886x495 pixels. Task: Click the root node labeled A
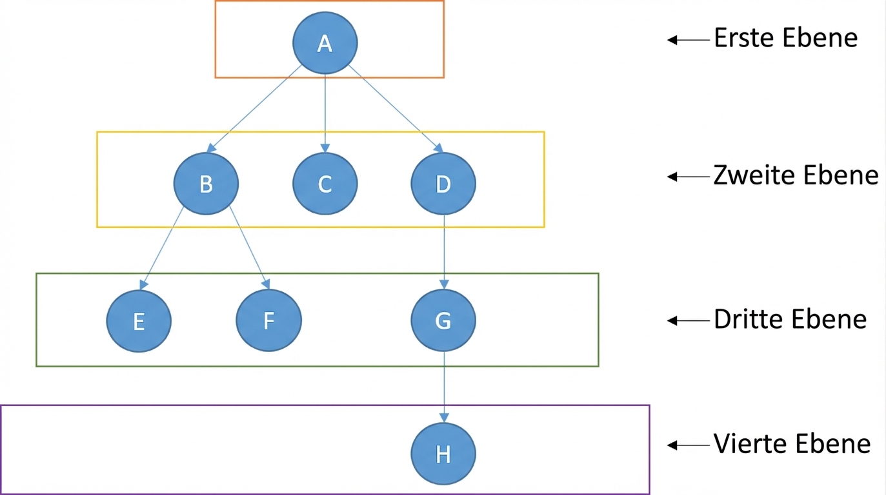point(325,43)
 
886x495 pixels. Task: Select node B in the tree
point(206,184)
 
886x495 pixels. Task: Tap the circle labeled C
point(325,184)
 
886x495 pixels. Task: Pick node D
point(443,184)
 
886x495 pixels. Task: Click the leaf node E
point(139,321)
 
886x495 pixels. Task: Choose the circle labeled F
point(269,320)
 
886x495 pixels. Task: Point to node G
point(443,320)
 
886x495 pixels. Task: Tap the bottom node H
point(443,454)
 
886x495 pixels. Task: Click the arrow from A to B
point(254,109)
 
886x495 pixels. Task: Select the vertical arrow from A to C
point(325,113)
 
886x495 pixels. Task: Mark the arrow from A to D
point(396,109)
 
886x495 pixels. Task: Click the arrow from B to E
point(161,248)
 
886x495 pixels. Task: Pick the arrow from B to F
point(250,247)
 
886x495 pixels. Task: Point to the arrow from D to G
point(444,252)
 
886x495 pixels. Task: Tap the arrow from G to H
point(444,387)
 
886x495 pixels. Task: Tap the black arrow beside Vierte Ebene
point(689,445)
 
